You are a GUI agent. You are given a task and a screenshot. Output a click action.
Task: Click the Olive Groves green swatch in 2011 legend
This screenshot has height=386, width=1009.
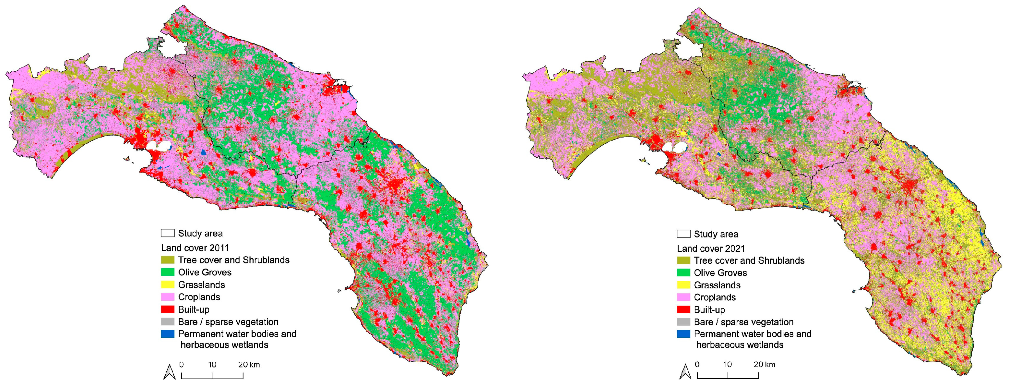click(x=167, y=272)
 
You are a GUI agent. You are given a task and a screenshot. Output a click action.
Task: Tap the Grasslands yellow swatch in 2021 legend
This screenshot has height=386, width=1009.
click(x=683, y=285)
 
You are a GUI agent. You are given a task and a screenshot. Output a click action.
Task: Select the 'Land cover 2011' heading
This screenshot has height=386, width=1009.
click(x=195, y=248)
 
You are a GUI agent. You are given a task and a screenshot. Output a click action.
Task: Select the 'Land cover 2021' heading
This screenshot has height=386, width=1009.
click(x=710, y=248)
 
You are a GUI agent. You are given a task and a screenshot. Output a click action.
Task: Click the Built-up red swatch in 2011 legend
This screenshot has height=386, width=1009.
click(x=167, y=309)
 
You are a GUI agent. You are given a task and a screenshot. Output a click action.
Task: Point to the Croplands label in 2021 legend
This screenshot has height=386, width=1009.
click(x=715, y=297)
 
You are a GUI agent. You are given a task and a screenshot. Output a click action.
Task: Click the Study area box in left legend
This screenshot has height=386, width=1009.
click(x=167, y=233)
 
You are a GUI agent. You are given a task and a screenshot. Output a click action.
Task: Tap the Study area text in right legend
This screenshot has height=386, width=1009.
click(x=716, y=234)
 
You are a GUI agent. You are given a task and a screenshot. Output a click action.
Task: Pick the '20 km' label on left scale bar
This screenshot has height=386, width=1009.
click(x=249, y=365)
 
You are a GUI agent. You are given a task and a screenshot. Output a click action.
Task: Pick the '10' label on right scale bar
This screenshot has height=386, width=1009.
click(x=727, y=365)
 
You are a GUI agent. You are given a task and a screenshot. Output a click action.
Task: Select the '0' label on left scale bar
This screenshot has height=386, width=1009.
click(x=181, y=365)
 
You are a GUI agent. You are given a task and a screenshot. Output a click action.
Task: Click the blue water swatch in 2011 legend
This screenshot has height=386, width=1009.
click(x=167, y=334)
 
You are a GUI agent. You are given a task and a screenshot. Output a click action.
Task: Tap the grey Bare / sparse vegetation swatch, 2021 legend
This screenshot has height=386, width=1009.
click(x=683, y=322)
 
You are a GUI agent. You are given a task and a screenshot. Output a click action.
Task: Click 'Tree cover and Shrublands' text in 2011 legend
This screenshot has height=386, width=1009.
click(x=233, y=260)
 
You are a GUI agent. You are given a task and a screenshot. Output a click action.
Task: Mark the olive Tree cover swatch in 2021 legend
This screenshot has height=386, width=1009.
click(x=683, y=260)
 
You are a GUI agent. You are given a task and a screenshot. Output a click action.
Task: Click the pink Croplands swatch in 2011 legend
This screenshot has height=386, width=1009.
click(x=167, y=297)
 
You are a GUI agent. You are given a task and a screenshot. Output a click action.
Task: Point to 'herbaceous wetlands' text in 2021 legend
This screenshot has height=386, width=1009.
click(x=740, y=344)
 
